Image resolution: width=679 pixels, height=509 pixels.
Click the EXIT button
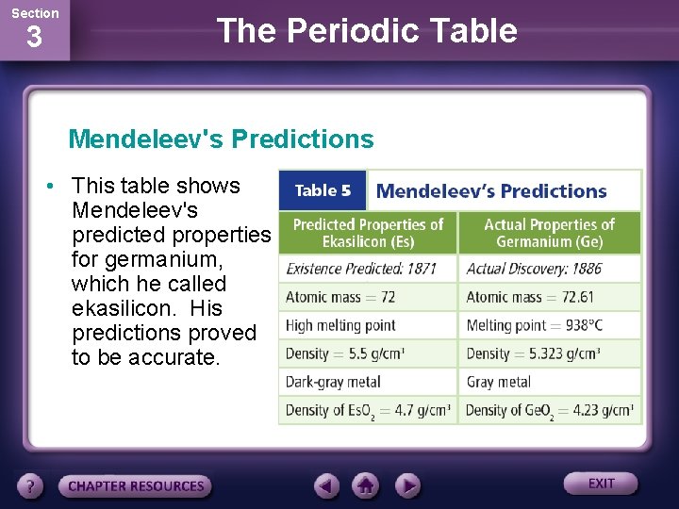pos(601,484)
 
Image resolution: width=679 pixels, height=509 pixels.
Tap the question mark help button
pos(31,486)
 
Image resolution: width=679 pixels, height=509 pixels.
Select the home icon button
pos(366,485)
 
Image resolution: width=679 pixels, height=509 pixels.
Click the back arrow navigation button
pos(326,485)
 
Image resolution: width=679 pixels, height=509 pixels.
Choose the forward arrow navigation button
pos(407,485)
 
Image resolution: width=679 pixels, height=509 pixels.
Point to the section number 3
pos(34,39)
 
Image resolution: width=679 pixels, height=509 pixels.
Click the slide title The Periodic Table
pos(367,31)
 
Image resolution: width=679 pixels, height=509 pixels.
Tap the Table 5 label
pos(323,190)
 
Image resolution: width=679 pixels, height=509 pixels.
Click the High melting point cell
pos(340,325)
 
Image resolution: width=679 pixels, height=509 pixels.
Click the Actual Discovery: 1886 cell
pos(534,269)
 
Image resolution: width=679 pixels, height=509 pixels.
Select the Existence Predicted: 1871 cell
pos(361,269)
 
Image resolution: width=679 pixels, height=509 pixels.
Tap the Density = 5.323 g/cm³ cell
pos(534,353)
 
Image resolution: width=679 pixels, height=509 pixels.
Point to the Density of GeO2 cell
pos(549,411)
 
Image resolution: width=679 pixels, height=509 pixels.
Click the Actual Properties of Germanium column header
pos(549,232)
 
